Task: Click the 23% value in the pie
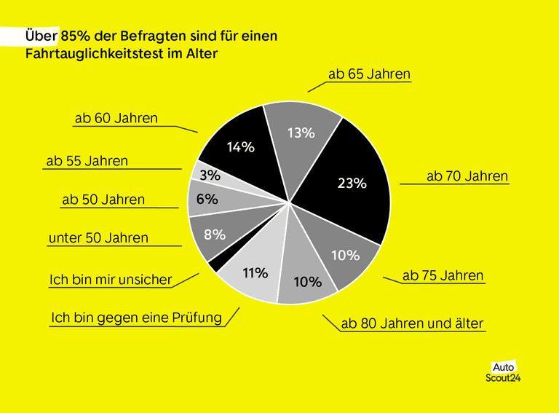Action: pos(352,184)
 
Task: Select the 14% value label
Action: pos(241,147)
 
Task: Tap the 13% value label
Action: pos(301,133)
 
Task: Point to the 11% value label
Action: pos(255,273)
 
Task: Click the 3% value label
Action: pos(210,176)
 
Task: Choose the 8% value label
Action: pos(214,235)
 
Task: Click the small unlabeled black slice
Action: pos(213,264)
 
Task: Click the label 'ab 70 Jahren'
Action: pos(467,176)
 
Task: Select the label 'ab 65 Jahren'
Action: pos(370,74)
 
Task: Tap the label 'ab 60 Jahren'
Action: pos(116,118)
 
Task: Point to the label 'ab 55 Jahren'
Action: pos(87,161)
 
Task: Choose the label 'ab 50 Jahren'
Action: pos(103,200)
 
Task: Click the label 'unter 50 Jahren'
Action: pos(98,238)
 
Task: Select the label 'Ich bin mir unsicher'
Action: pos(111,280)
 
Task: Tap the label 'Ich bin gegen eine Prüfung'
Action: pos(136,318)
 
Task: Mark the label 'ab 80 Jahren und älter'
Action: pos(411,323)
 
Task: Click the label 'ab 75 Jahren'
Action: pos(443,276)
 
